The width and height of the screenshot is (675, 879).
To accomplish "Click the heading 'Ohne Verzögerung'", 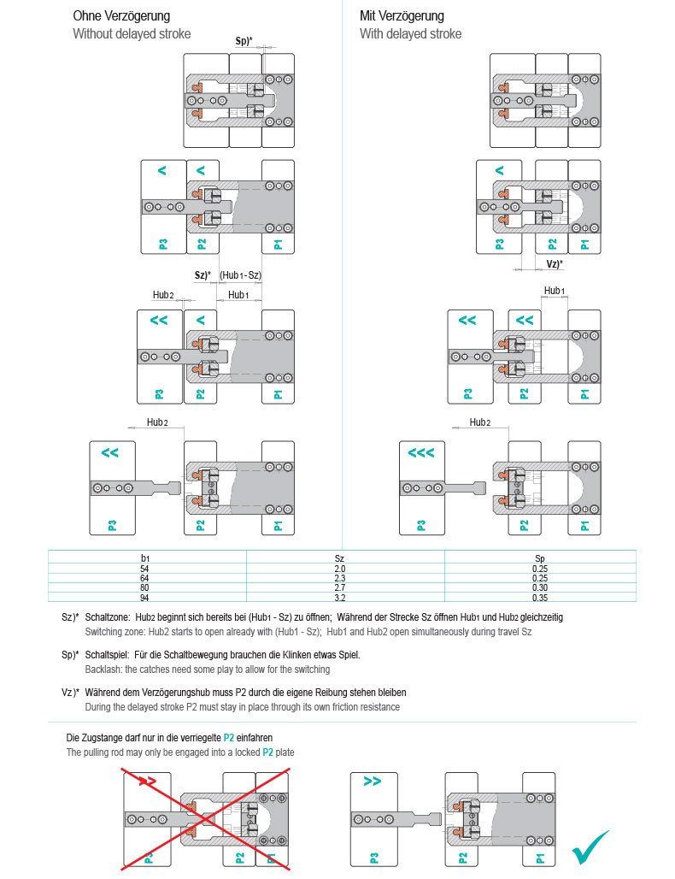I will coord(120,16).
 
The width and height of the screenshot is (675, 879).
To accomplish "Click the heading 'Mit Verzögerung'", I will coord(402,16).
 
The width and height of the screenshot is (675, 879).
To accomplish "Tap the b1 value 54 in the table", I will coord(144,569).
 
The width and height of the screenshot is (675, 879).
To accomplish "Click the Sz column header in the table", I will coord(339,557).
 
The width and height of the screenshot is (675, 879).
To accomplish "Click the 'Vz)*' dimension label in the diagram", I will coord(555,264).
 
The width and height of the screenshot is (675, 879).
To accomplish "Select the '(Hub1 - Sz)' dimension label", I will coord(240,275).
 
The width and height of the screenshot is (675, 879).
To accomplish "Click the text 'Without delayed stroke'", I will coord(132,34).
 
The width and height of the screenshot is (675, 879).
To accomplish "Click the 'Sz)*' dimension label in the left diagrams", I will coord(203,275).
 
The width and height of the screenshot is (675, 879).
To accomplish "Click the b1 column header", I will coord(144,557).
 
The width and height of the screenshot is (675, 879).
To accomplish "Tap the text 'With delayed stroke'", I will coord(410,34).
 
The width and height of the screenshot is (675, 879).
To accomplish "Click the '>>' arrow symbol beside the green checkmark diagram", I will coord(373,782).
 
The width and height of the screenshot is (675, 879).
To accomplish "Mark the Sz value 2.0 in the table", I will coord(339,569).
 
